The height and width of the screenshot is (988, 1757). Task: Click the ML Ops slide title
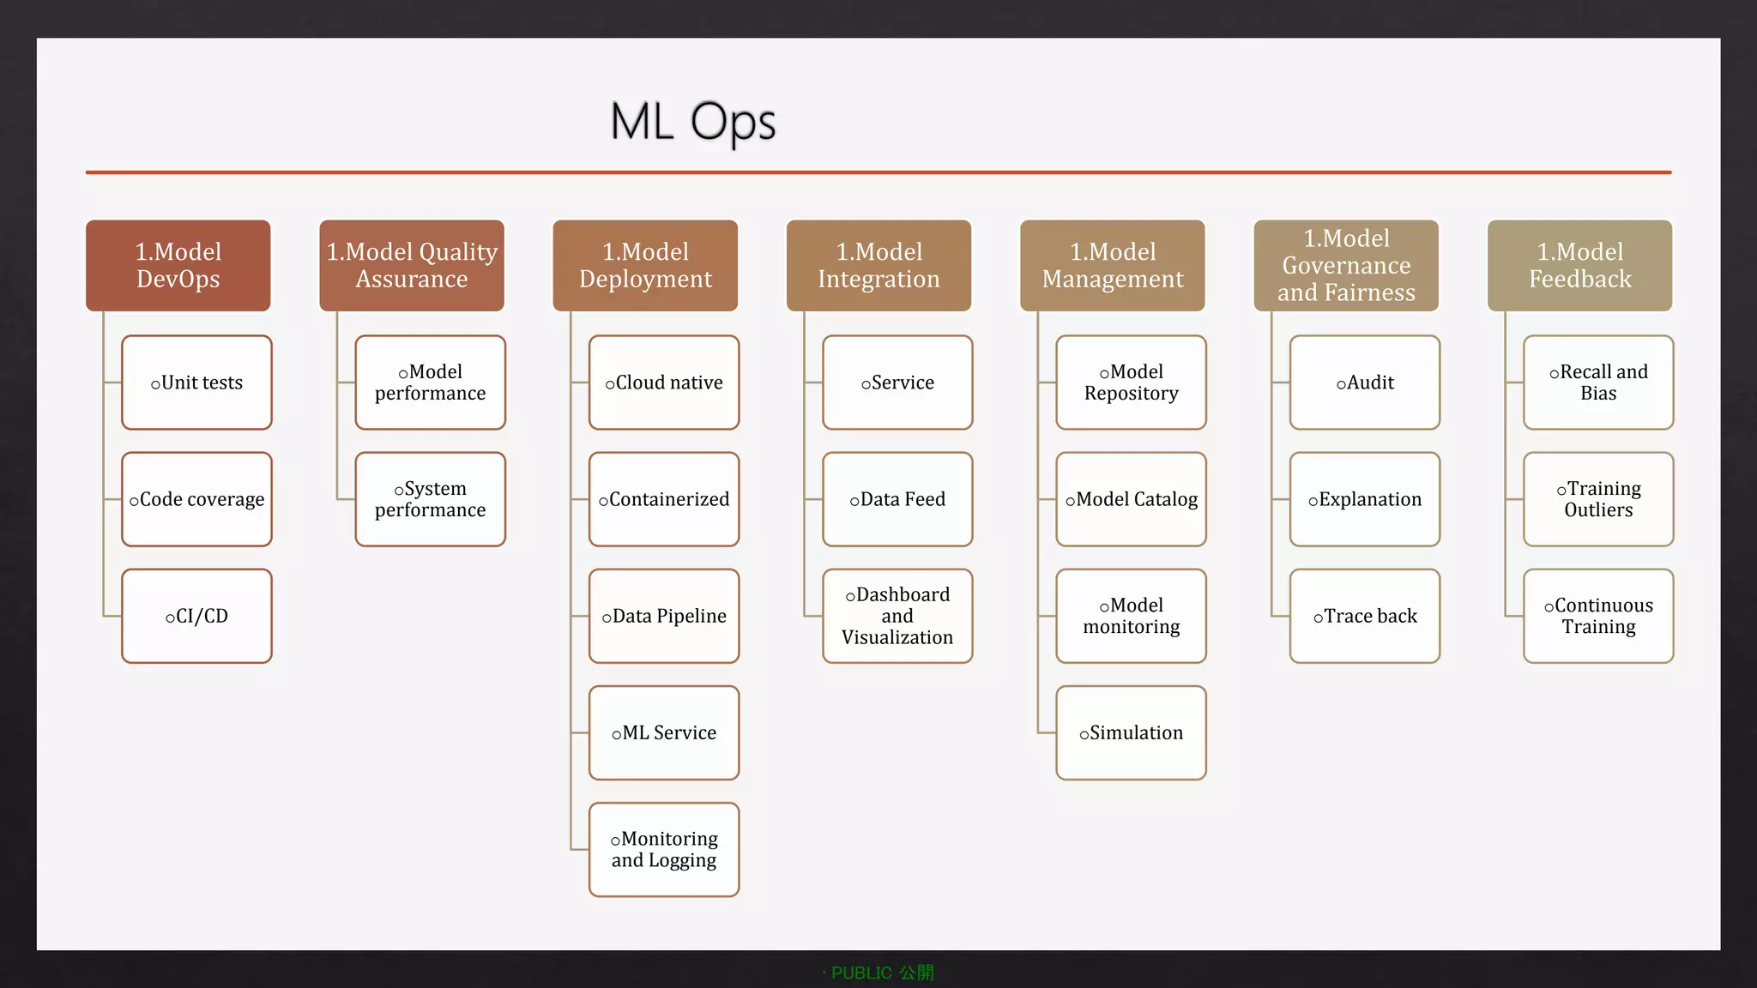click(692, 121)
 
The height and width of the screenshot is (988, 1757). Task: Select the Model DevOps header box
click(178, 265)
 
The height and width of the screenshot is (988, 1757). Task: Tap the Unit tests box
click(196, 383)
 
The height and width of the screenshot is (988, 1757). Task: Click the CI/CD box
click(196, 616)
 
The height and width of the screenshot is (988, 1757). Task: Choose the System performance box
click(430, 499)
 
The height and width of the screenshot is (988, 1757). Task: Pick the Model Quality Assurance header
click(412, 265)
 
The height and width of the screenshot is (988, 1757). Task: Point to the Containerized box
click(663, 499)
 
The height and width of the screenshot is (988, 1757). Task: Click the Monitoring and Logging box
click(663, 849)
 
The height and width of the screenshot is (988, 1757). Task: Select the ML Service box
click(663, 732)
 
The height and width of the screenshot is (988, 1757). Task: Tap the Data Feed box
click(897, 499)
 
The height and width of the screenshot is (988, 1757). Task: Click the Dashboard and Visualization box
click(897, 616)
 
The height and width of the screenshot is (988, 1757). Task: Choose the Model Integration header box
click(878, 265)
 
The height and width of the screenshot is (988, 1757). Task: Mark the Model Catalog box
click(1131, 499)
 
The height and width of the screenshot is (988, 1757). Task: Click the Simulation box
click(1131, 732)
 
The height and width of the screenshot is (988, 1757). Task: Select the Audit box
click(1364, 383)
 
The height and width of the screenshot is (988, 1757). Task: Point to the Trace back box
click(1364, 616)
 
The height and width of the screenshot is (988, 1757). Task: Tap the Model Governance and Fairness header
click(1345, 265)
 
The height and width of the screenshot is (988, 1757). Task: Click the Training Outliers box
click(1597, 499)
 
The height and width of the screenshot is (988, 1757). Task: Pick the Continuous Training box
click(1597, 616)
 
